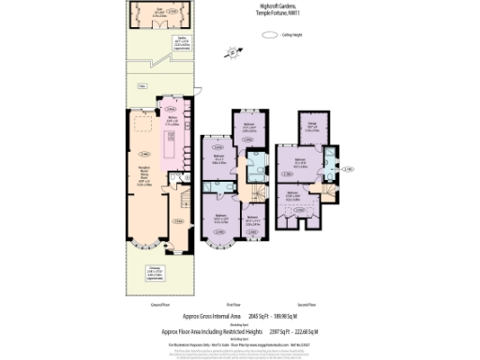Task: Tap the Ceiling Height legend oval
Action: (x=271, y=36)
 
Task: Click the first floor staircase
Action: (x=249, y=192)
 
